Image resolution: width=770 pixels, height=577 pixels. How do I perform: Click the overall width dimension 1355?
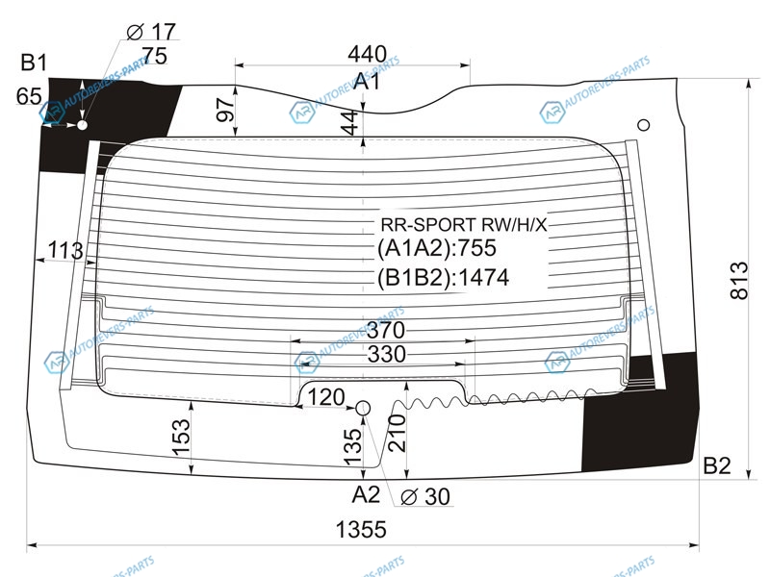[361, 530]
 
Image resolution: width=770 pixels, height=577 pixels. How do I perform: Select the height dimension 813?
[738, 280]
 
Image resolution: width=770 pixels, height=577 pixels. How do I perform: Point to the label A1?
[367, 83]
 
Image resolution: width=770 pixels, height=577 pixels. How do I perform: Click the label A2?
[365, 494]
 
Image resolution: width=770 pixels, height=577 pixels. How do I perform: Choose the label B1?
[35, 63]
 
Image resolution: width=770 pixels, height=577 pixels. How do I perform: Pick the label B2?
[717, 466]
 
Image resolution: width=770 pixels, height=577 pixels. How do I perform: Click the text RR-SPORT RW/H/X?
[464, 224]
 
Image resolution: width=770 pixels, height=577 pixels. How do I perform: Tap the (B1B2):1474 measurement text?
[443, 279]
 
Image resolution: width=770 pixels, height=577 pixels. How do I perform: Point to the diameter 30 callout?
[425, 497]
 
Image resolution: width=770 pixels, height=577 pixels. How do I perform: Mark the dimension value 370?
[385, 330]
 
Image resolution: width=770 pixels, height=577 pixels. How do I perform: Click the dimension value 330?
[386, 355]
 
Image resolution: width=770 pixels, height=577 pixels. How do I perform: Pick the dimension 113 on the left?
[64, 252]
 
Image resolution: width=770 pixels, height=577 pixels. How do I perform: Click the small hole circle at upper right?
[644, 124]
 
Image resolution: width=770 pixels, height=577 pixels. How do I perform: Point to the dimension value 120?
[326, 397]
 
